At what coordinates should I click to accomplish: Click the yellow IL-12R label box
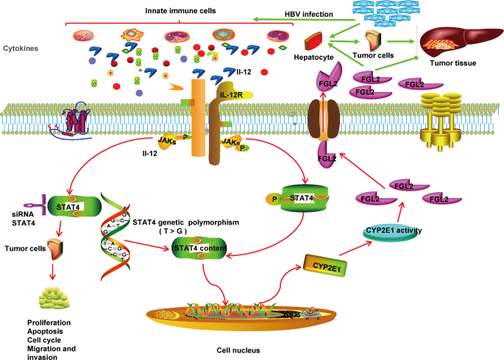pyautogui.click(x=230, y=94)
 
